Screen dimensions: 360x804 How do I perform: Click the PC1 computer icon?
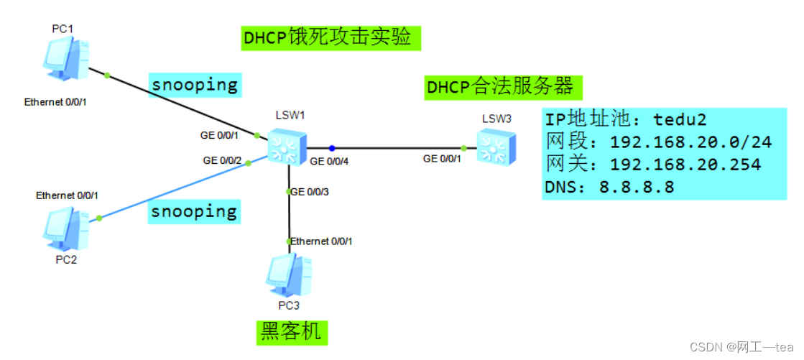coord(65,59)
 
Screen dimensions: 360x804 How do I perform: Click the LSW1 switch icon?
coord(287,147)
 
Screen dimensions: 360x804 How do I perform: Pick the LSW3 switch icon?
coord(495,147)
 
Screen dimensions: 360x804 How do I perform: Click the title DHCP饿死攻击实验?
coord(330,37)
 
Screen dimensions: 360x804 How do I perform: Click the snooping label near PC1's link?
coord(194,84)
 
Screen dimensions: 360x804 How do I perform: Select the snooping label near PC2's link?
coord(194,211)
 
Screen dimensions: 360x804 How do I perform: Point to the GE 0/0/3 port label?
coord(310,192)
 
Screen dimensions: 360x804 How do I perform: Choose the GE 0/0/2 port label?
coord(222,161)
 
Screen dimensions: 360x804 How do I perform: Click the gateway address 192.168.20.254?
coord(685,165)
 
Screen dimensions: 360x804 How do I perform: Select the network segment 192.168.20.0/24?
coord(690,142)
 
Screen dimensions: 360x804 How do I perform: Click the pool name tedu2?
coord(679,119)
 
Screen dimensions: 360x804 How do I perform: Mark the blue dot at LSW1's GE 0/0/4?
coord(333,147)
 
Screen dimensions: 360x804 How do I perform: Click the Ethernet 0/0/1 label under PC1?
coord(55,102)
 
